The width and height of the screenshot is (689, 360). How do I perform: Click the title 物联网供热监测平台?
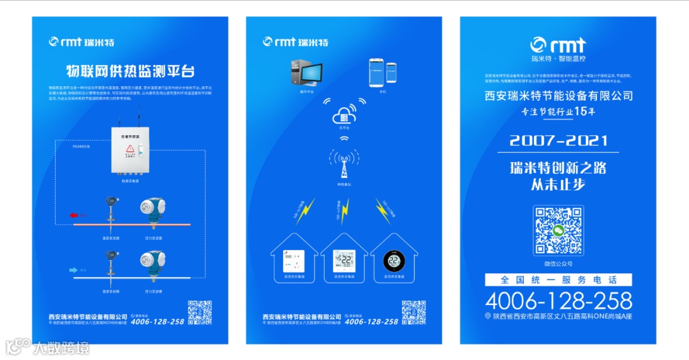pyautogui.click(x=130, y=70)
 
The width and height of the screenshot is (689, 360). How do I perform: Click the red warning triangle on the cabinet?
pyautogui.click(x=130, y=149)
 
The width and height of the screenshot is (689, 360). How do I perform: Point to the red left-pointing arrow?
pyautogui.click(x=73, y=216)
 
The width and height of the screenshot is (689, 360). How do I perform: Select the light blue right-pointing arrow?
pyautogui.click(x=73, y=270)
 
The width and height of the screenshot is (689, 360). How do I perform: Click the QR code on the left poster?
pyautogui.click(x=200, y=312)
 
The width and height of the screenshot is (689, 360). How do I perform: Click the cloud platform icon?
pyautogui.click(x=344, y=117)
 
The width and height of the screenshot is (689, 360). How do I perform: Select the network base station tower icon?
pyautogui.click(x=344, y=165)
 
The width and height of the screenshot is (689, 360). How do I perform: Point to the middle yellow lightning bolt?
pyautogui.click(x=344, y=211)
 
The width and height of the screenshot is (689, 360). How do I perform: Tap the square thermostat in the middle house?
pyautogui.click(x=344, y=261)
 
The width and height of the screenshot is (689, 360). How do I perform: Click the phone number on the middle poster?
pyautogui.click(x=371, y=321)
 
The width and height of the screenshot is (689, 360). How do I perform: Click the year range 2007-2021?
pyautogui.click(x=558, y=140)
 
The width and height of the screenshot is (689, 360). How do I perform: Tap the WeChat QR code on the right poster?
pyautogui.click(x=558, y=230)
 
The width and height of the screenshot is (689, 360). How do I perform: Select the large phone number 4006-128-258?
pyautogui.click(x=558, y=300)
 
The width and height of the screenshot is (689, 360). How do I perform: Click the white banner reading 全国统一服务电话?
pyautogui.click(x=558, y=280)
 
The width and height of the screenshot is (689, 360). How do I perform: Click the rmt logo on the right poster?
pyautogui.click(x=558, y=44)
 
